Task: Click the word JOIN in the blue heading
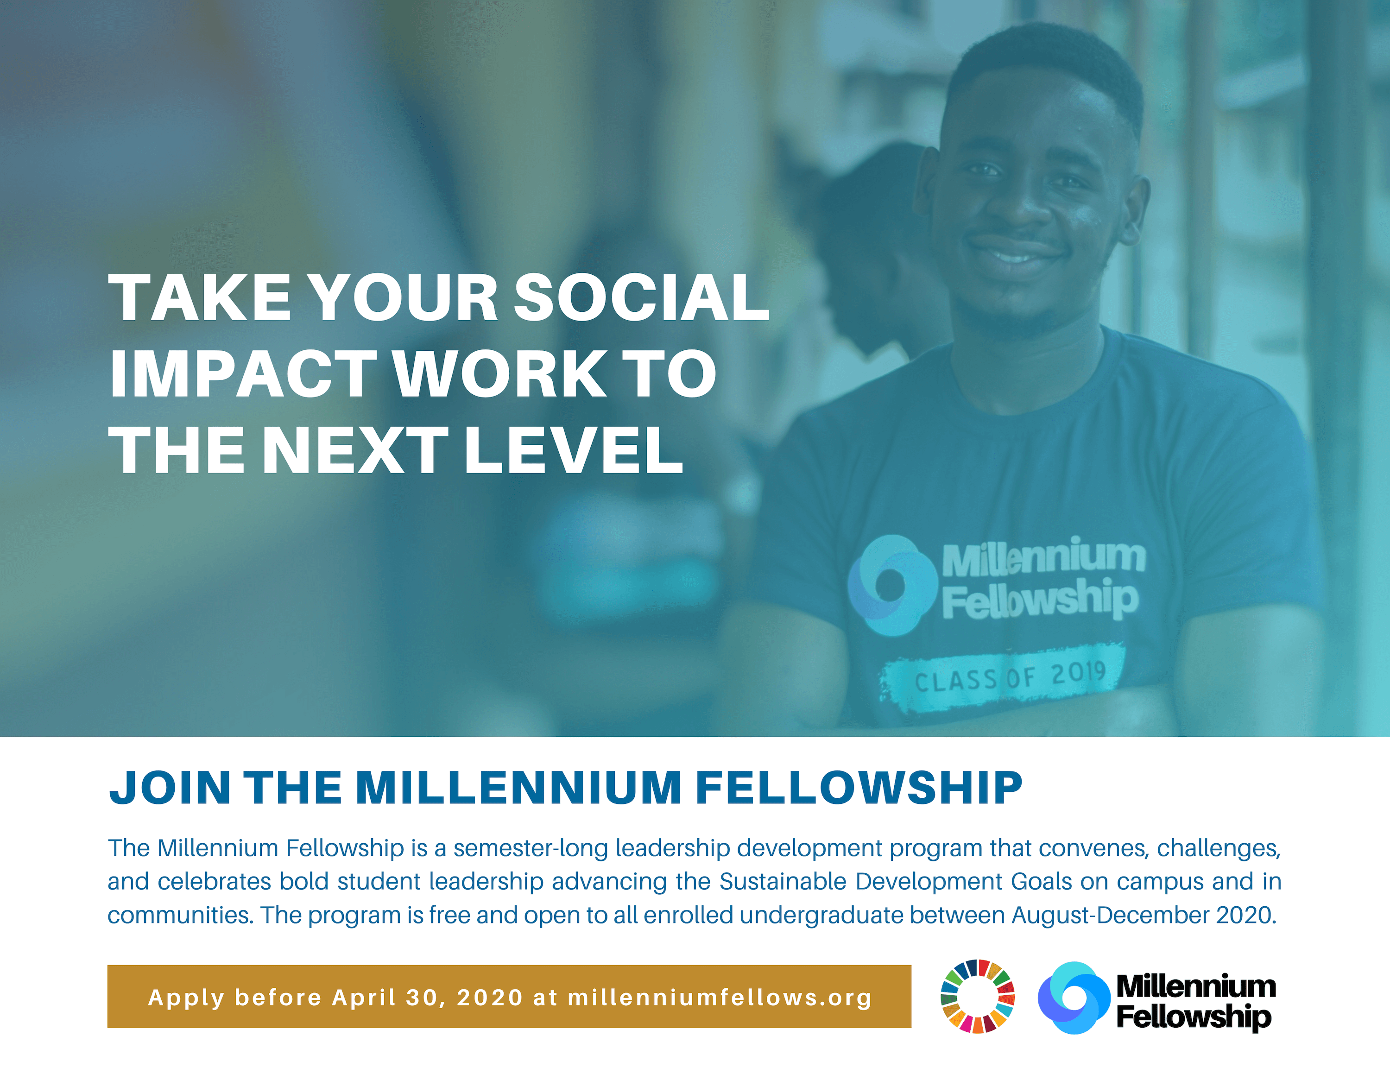coord(169,788)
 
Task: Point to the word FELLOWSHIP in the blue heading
coord(859,788)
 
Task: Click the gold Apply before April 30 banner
coord(509,997)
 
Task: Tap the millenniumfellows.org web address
coord(719,998)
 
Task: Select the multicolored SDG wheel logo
coord(978,996)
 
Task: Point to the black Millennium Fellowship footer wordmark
coord(1195,1001)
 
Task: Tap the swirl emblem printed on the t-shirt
coord(891,585)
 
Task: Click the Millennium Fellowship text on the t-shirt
coord(1042,578)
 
